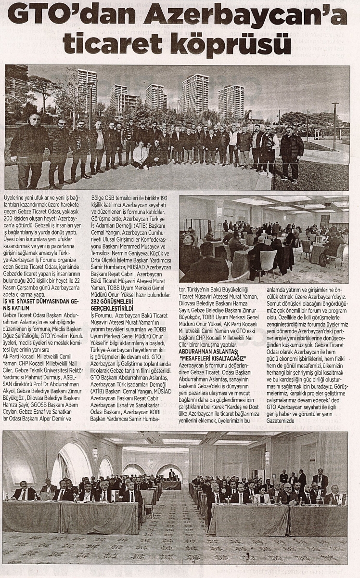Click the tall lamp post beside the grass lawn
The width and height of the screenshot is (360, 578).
(334, 125)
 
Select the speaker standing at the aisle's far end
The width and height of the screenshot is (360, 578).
(171, 474)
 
